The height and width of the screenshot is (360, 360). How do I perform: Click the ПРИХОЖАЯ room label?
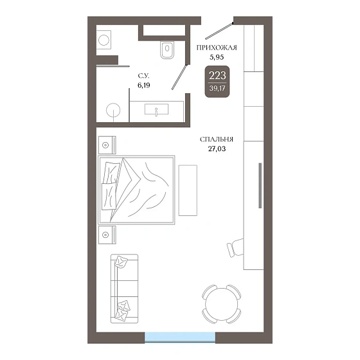pos(217,48)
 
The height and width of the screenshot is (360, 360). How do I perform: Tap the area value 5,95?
pos(217,57)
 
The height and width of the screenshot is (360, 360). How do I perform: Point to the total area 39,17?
pos(217,88)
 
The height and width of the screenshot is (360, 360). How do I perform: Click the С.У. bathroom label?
pos(143,76)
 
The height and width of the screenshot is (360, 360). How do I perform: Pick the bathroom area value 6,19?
pos(144,85)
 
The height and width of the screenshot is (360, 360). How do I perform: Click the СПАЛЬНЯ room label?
pos(217,139)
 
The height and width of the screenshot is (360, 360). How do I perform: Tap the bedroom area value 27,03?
pos(217,149)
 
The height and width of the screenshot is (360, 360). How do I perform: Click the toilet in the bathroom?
pos(167,50)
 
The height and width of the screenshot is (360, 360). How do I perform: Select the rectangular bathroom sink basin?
pos(156,109)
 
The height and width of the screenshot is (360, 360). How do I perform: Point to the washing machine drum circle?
pos(104,40)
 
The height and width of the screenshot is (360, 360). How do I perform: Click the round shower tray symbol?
pos(113,110)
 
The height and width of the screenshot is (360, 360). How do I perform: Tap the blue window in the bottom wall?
pos(180,337)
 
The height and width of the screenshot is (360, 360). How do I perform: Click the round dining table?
pos(222,304)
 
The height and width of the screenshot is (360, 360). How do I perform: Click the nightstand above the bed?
pos(107,145)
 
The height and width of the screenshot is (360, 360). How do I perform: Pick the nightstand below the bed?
pos(107,235)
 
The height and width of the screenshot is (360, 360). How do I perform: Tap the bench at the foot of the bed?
pos(188,190)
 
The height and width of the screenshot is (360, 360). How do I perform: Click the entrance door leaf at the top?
pos(219,31)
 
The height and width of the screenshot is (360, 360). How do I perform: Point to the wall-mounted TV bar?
pos(260,186)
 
